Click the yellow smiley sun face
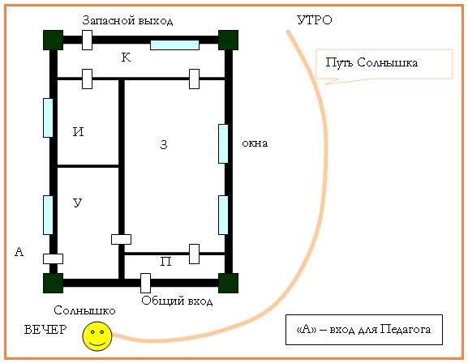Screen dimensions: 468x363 click(x=97, y=336)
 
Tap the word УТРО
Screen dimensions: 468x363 click(x=315, y=20)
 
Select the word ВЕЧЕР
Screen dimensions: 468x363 click(x=45, y=330)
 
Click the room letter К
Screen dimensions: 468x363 click(x=126, y=58)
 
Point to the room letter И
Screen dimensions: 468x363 click(x=79, y=132)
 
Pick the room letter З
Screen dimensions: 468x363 click(x=164, y=144)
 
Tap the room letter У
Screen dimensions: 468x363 click(x=78, y=203)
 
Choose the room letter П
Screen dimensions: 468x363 click(x=166, y=262)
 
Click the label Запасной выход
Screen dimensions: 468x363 click(x=127, y=20)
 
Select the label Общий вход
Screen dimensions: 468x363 click(x=177, y=301)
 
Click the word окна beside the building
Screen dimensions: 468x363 click(x=255, y=143)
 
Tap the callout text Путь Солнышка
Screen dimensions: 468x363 click(x=371, y=62)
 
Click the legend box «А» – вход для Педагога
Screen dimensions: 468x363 click(x=364, y=330)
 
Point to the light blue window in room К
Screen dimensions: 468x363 click(x=174, y=45)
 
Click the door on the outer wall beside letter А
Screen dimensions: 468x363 click(x=54, y=259)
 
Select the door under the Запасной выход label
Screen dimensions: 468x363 click(x=87, y=40)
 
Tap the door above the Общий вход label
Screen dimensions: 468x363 click(x=145, y=283)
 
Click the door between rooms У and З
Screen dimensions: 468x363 click(x=121, y=240)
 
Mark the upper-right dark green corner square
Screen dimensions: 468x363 click(x=229, y=40)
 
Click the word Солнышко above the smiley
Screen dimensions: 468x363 click(x=84, y=310)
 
